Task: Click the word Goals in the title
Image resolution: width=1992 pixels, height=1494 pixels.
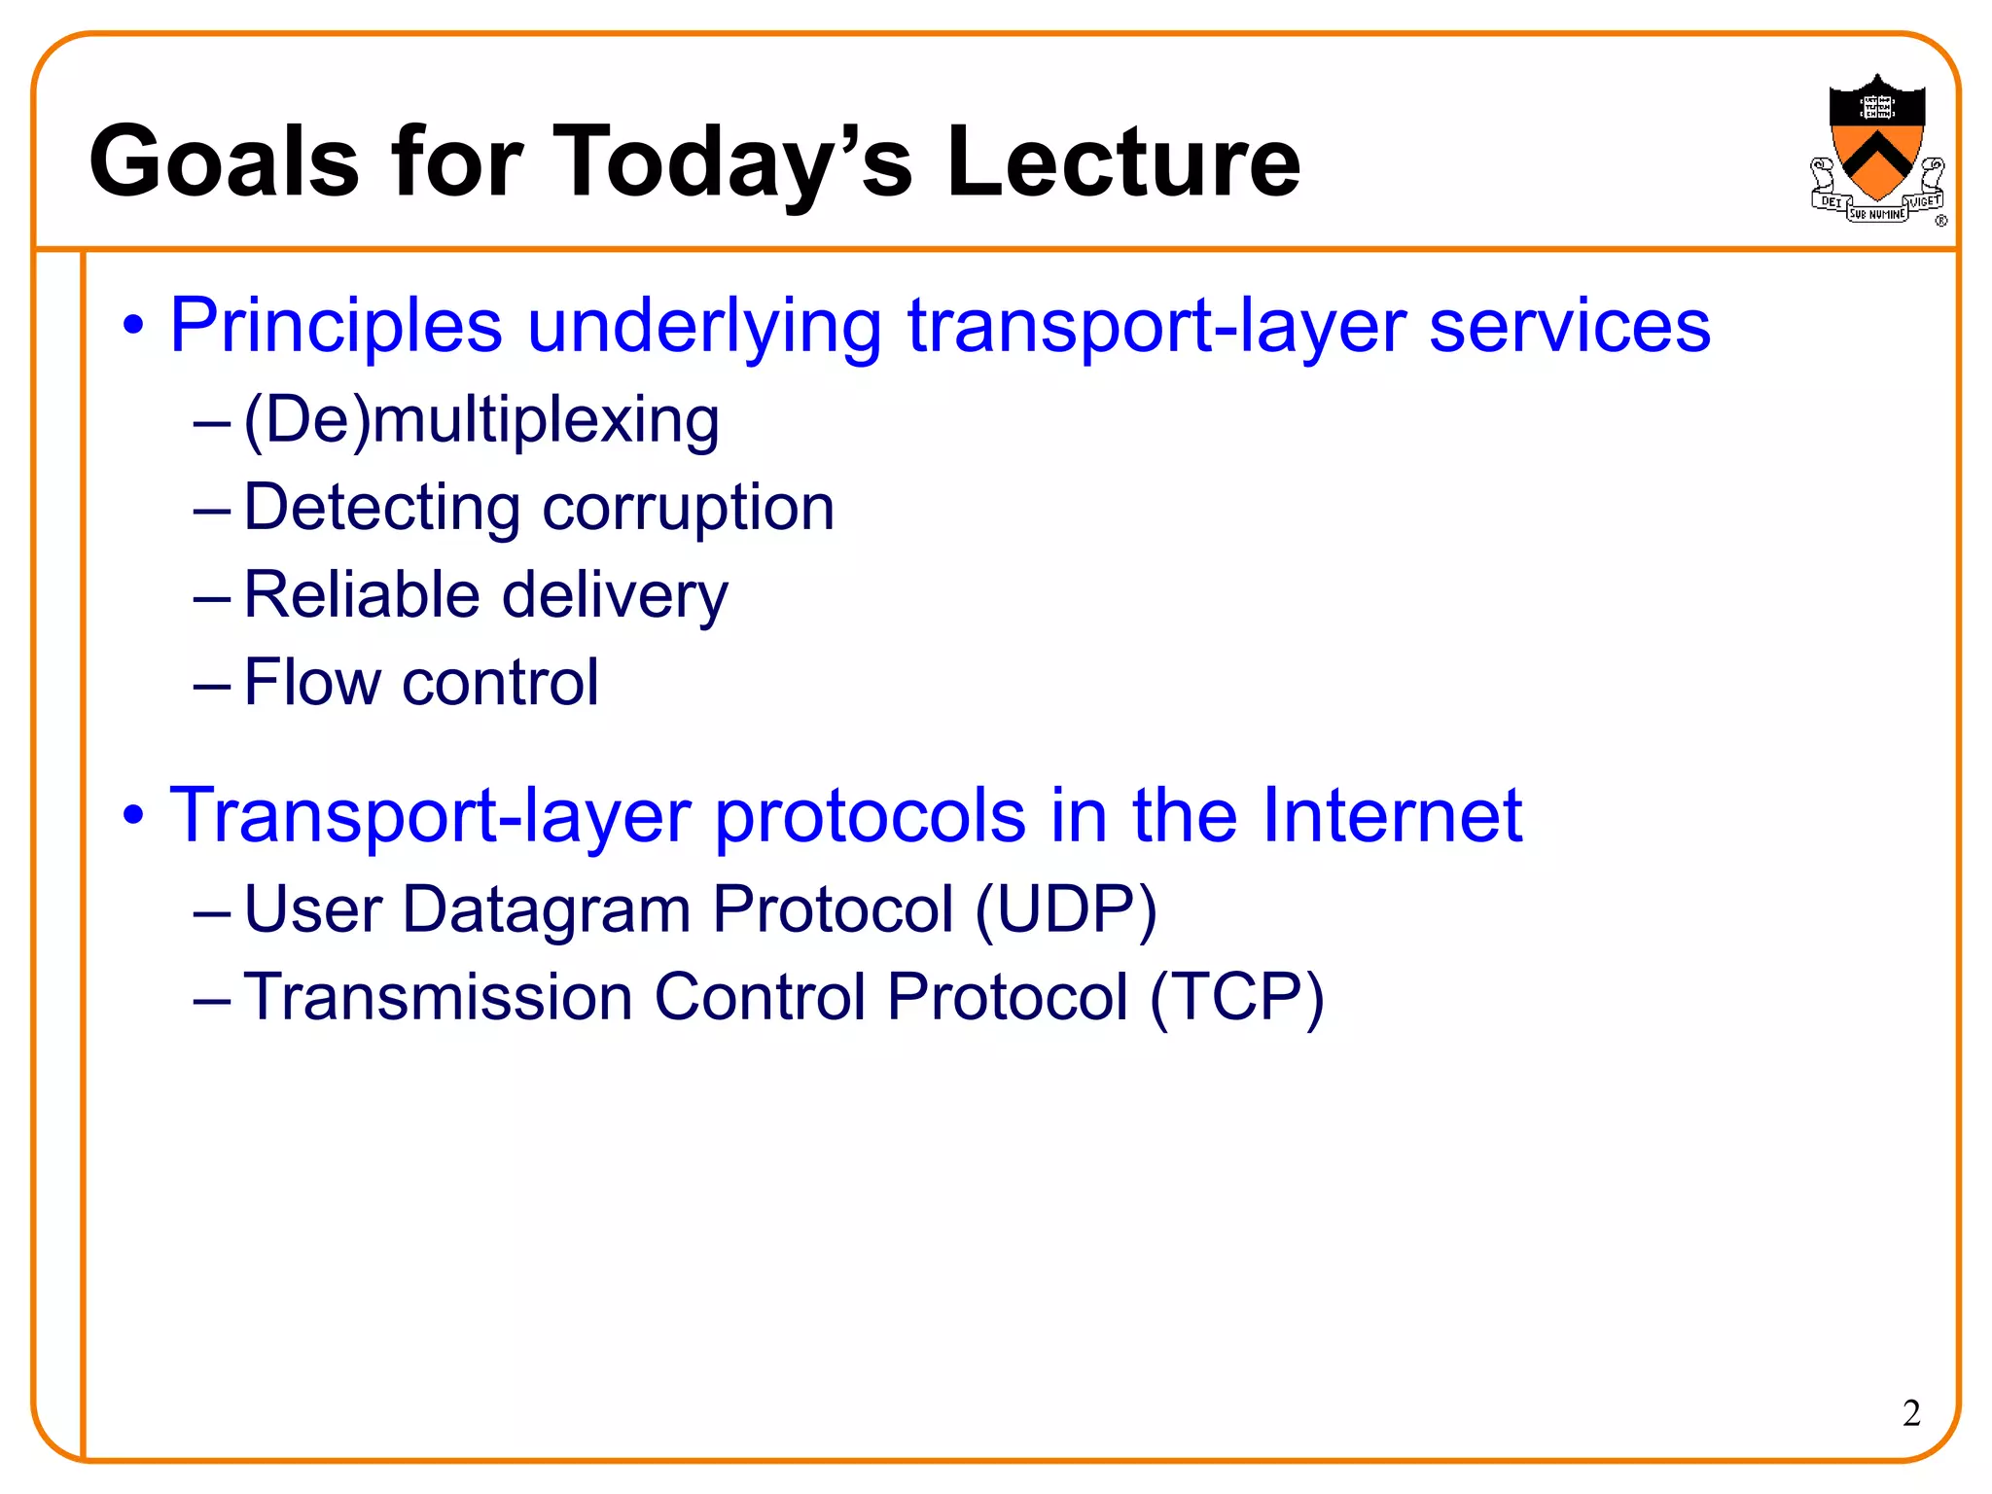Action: click(223, 161)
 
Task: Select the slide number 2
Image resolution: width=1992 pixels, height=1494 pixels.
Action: click(1910, 1413)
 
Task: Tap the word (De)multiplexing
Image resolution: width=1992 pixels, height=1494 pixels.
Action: click(481, 420)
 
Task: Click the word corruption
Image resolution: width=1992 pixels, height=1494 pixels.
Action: click(688, 509)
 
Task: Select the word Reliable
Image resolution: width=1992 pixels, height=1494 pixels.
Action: click(361, 595)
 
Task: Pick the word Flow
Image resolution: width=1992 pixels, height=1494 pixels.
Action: click(311, 682)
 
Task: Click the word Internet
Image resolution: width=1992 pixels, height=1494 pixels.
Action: click(1391, 815)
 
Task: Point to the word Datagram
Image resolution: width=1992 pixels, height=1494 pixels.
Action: click(547, 910)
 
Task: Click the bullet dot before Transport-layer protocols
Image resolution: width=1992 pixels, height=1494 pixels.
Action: click(133, 815)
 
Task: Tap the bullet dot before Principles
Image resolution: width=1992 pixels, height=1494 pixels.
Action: click(133, 325)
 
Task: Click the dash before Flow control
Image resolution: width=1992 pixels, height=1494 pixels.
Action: click(211, 686)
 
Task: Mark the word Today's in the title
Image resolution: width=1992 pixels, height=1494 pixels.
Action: click(731, 161)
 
